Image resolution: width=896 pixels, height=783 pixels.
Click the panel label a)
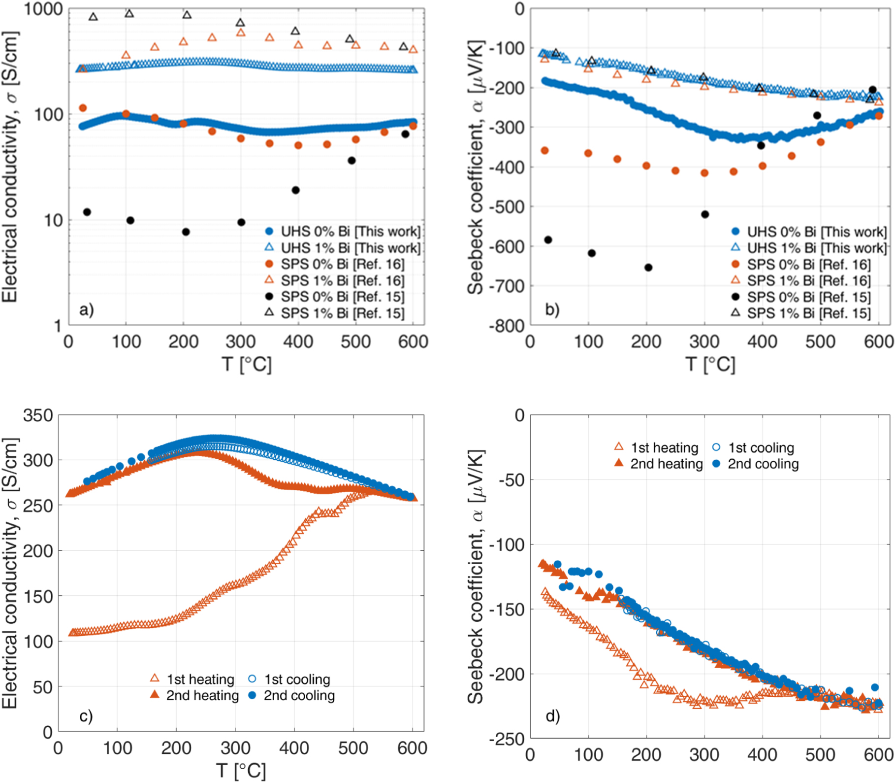pos(86,309)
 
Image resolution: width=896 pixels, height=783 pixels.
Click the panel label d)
pos(553,715)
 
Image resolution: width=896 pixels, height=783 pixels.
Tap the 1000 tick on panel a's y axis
pos(43,9)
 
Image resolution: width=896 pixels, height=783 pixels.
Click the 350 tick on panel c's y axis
pos(37,415)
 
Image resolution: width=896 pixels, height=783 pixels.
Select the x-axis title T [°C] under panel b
pos(710,365)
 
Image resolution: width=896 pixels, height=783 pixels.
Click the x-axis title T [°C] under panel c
pos(241,770)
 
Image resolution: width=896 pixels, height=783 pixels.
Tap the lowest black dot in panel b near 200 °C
pos(648,268)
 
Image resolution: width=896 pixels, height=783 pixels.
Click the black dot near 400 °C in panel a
pos(295,190)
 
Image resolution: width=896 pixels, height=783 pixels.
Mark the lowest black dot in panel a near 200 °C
pos(186,232)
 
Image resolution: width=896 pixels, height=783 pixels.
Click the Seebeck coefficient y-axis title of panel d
pos(476,577)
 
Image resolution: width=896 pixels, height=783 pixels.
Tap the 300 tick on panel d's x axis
pos(704,754)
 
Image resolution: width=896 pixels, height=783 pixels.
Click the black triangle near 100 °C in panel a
pos(129,13)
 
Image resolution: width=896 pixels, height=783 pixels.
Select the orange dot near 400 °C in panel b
pos(762,166)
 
